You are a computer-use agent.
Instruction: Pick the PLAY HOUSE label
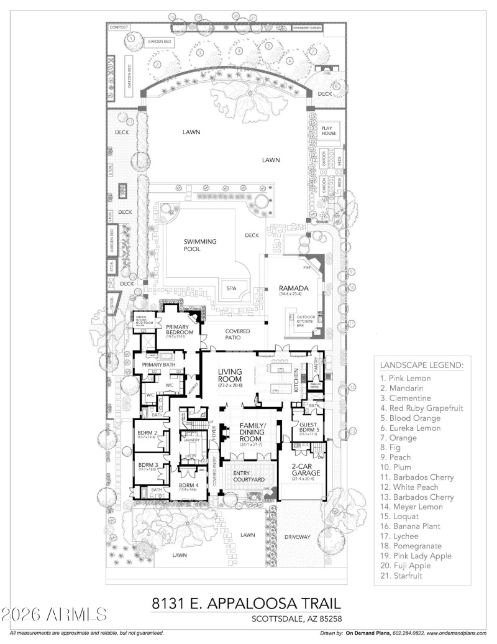coord(327,130)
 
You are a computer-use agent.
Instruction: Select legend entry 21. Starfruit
coord(407,576)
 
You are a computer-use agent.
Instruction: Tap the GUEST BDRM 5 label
coord(306,428)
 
